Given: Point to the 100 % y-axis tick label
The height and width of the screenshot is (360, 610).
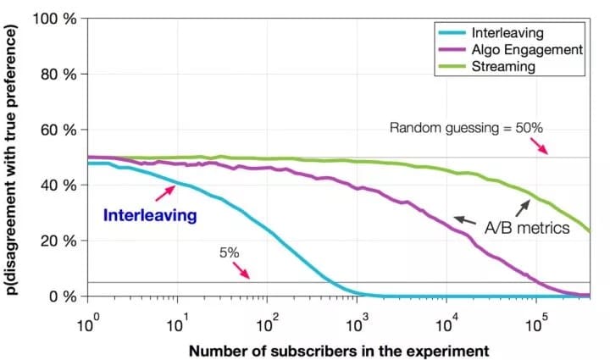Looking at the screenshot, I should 57,19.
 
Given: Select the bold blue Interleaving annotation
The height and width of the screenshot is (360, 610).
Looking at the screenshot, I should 150,215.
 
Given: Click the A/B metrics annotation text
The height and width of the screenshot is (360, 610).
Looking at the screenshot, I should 519,227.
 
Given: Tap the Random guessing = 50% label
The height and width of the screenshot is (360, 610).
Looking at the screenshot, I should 466,128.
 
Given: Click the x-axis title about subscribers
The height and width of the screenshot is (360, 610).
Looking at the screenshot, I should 339,350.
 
